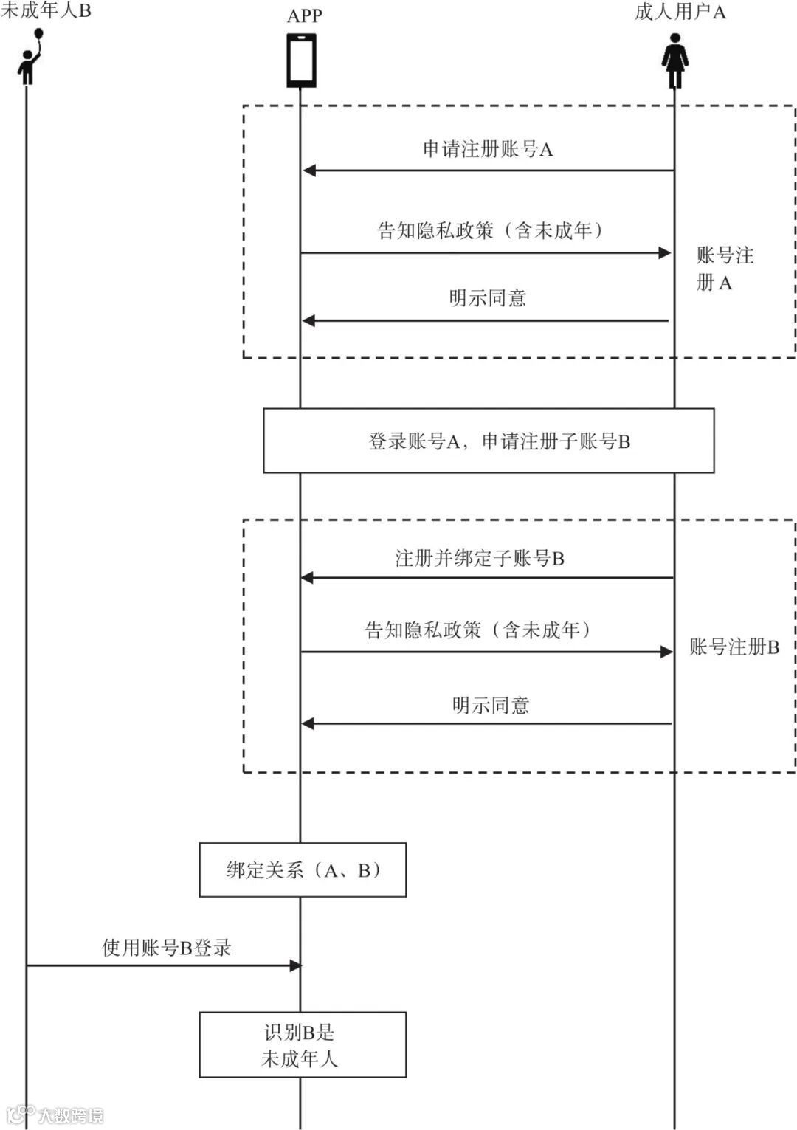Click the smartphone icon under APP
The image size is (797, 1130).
(301, 61)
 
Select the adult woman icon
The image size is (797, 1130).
(674, 62)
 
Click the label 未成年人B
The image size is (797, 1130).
(46, 11)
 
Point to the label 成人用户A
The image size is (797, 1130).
(680, 12)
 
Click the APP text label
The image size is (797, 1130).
(304, 15)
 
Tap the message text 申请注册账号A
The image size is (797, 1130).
(487, 149)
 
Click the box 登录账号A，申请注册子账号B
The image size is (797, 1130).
(489, 441)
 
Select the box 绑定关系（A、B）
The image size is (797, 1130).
(303, 869)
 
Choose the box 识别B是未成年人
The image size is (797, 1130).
(303, 1044)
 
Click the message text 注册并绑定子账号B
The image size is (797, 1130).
(480, 558)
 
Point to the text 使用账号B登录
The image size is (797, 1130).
(167, 948)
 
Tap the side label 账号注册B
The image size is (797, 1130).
(734, 647)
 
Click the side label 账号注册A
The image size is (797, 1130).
(723, 269)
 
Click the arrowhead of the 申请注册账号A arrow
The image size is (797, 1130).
(309, 170)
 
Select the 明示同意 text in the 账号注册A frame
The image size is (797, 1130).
(487, 298)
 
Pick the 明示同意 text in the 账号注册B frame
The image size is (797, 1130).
(490, 706)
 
